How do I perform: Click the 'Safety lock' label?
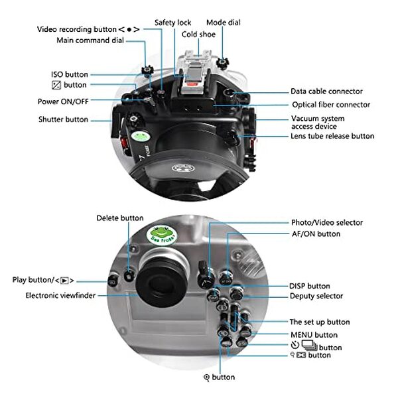pyautogui.click(x=172, y=23)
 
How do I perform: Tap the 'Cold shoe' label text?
pyautogui.click(x=198, y=34)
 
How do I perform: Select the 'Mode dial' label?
pyautogui.click(x=224, y=23)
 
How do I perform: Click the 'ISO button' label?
pyautogui.click(x=69, y=75)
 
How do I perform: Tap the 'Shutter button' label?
pyautogui.click(x=63, y=120)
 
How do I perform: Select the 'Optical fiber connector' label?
pyautogui.click(x=331, y=105)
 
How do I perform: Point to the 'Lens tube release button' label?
pyautogui.click(x=332, y=136)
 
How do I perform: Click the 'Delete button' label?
pyautogui.click(x=119, y=218)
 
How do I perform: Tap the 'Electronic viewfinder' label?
pyautogui.click(x=64, y=295)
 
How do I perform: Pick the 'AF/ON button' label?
pyautogui.click(x=316, y=233)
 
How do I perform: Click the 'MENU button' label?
pyautogui.click(x=313, y=335)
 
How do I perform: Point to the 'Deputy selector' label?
pyautogui.click(x=316, y=296)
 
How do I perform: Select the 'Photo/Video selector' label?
pyautogui.click(x=327, y=222)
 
